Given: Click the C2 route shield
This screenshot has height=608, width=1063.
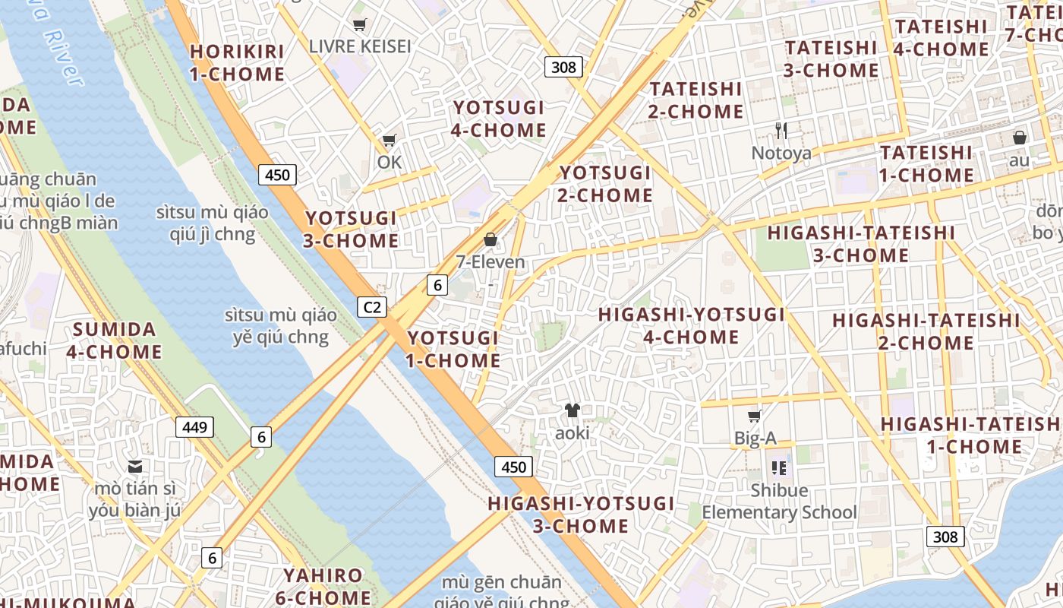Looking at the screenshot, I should [372, 307].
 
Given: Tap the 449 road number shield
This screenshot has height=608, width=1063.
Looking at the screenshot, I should [194, 427].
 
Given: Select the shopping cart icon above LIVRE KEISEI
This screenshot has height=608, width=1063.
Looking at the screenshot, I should [360, 25].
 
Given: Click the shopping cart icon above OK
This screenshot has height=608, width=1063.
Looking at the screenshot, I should [390, 140].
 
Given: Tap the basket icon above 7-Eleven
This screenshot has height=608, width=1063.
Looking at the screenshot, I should [490, 240].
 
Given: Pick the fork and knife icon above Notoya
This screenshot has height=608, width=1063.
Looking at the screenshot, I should [781, 130].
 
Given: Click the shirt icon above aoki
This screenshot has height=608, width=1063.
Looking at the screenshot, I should [572, 410].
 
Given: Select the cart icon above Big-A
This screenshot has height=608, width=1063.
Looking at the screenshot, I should [755, 416].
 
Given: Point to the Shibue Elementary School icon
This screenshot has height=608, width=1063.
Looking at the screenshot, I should [779, 467].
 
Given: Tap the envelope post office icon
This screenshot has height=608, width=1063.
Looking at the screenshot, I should [135, 466].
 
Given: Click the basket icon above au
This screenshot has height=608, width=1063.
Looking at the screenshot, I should [1020, 138].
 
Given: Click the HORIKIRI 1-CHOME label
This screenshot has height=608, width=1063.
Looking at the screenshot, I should [237, 63].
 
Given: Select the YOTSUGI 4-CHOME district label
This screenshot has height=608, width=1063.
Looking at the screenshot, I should [499, 119].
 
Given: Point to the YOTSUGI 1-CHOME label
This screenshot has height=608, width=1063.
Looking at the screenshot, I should [453, 349].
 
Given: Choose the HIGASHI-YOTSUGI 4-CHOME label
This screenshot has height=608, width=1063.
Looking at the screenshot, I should [692, 325].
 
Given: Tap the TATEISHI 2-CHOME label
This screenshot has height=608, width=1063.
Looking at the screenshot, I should [696, 100].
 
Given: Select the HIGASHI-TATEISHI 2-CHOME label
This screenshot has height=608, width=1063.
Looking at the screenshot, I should [926, 331].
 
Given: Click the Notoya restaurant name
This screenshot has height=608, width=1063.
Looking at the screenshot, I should [781, 154].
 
